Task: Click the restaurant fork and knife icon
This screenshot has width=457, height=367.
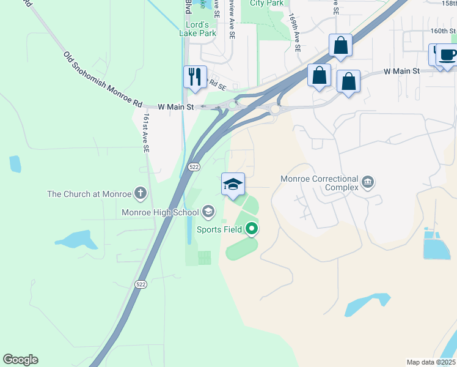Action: point(195,77)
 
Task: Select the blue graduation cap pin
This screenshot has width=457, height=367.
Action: point(233,185)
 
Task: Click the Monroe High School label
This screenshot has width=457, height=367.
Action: point(160,212)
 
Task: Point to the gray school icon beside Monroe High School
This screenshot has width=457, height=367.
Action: point(208,212)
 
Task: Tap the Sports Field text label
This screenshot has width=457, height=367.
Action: point(219,230)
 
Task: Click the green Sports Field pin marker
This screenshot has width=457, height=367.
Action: point(252,230)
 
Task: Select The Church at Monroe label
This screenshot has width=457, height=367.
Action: point(89,195)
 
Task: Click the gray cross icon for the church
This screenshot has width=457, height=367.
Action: point(141,195)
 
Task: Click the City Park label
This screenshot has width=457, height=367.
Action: point(266,3)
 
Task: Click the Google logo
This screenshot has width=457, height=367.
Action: point(20,360)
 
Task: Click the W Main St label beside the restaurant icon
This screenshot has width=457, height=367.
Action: point(175,107)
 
